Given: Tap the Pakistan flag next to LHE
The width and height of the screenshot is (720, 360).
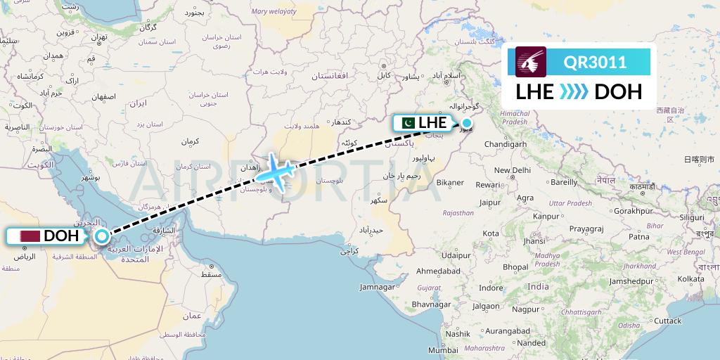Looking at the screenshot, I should coord(406,123).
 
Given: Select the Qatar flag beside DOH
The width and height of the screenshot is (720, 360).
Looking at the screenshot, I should coord(30,236).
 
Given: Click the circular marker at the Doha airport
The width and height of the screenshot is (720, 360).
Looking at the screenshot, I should coord(102,236).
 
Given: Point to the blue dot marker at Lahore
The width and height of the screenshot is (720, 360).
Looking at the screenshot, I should coord(466,123).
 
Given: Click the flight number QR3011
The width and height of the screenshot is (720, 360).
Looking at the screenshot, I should coord(595,62).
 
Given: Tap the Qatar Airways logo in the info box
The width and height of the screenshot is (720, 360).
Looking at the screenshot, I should coord(531,62).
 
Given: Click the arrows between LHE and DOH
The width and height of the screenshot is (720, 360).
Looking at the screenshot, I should coord(574,92).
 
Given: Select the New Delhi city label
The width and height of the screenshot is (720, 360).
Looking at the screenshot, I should coord(512,170).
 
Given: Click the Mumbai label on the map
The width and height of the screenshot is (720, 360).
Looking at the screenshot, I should coord(443,349).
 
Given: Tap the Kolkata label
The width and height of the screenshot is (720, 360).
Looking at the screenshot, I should coord(691,279).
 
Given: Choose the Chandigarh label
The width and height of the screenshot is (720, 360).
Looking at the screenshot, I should coord(506,144).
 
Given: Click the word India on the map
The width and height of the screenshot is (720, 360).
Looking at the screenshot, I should coord(539,286).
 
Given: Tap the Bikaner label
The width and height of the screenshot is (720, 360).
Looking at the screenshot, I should coord(450,183).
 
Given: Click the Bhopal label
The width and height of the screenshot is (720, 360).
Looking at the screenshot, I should coord(515,267).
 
